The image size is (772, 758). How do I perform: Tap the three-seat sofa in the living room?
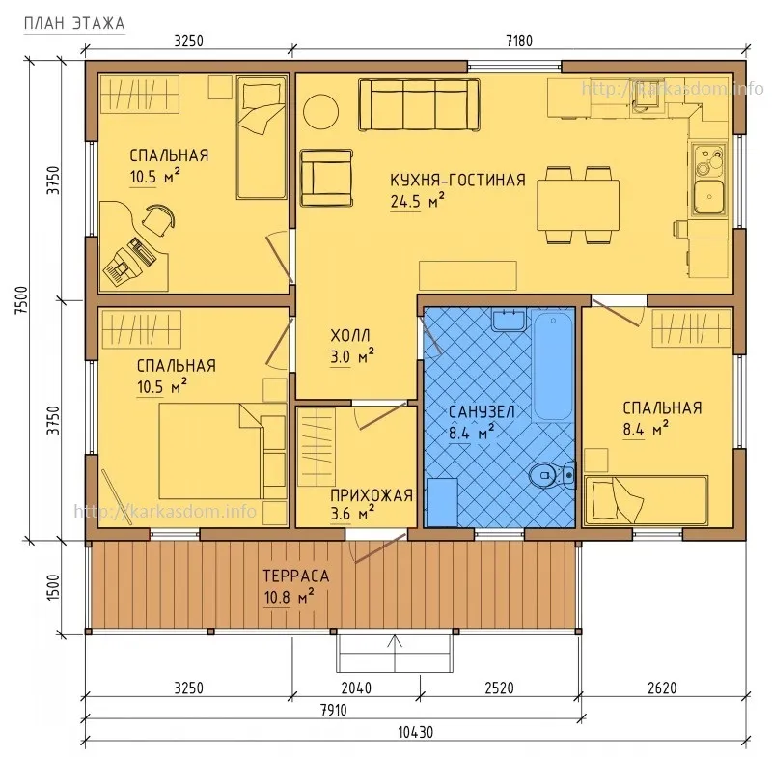point(420,104)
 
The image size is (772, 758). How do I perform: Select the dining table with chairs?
point(577,204)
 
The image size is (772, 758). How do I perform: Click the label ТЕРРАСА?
point(295,576)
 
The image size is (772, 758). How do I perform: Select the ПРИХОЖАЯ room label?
point(371,495)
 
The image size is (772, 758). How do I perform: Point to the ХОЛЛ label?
point(349,336)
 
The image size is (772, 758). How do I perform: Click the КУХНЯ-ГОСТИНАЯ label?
point(456,181)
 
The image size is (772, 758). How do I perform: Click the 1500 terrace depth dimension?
point(54,585)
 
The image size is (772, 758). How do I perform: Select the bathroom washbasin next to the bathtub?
point(508,320)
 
